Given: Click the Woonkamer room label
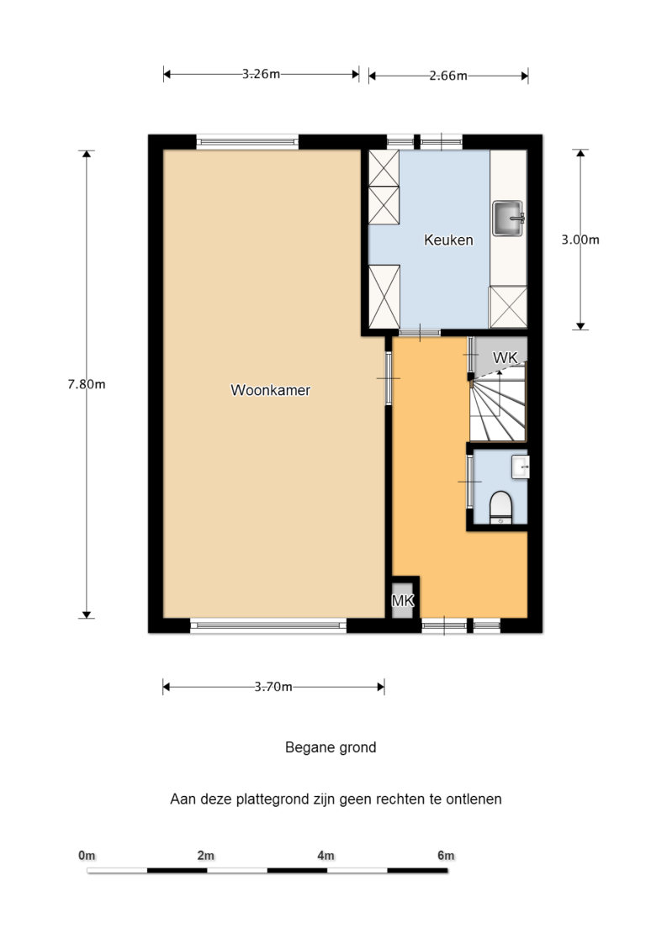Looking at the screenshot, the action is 271,390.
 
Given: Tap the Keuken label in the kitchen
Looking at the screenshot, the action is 448,240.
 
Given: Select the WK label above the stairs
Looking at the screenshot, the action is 505,357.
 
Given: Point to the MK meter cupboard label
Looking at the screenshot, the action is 403,600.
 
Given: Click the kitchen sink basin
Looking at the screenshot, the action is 508,218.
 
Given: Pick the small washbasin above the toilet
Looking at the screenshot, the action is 520,467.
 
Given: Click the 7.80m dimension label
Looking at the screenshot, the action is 86,384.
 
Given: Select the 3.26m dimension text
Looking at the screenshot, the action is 261,74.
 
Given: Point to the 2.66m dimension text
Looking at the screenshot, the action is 448,76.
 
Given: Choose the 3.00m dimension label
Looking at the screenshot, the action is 580,240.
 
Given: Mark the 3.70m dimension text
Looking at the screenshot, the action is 273,686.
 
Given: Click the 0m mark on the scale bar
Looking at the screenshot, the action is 87,856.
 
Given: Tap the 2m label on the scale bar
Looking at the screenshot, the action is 205,856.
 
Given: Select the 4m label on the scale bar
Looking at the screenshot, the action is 326,856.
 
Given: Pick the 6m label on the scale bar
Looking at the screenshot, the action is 446,856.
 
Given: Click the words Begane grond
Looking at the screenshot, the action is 331,748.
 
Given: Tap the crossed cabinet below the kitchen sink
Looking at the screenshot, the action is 508,308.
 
